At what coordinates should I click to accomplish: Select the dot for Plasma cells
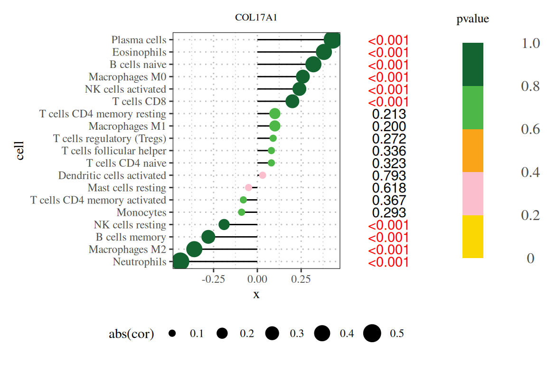tap(333, 40)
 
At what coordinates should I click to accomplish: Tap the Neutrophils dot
tap(180, 261)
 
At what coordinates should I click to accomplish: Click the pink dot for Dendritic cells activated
tap(262, 175)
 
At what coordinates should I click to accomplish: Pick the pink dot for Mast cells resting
tap(248, 188)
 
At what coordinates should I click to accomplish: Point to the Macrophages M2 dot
tap(194, 249)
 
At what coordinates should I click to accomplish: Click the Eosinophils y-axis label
tap(139, 52)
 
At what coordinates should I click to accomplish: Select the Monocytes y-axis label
tap(141, 212)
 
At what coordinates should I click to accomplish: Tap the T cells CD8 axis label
tap(139, 101)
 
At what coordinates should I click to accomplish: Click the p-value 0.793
tap(389, 176)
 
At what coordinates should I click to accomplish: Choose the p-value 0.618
tap(389, 188)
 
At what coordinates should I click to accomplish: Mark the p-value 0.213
tap(389, 114)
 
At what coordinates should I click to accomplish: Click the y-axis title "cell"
tap(20, 151)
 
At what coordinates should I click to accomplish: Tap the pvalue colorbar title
tap(472, 19)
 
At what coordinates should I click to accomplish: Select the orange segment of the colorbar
tap(473, 151)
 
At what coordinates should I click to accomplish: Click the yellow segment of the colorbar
tap(473, 237)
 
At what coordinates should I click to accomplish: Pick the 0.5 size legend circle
tap(372, 334)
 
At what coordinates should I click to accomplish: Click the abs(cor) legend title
tap(132, 334)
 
